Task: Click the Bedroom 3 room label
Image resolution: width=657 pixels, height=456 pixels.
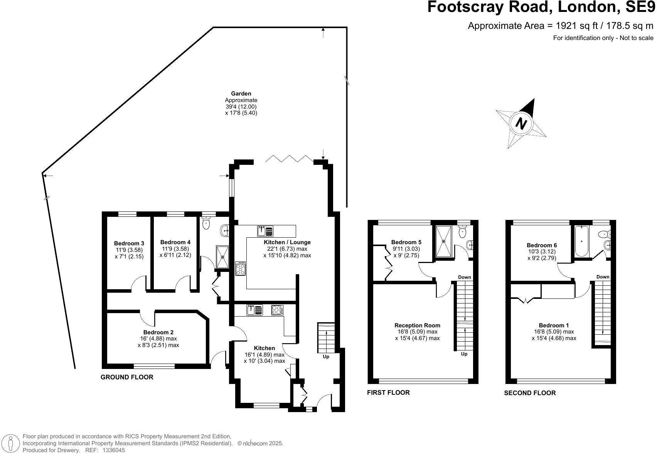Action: (129, 243)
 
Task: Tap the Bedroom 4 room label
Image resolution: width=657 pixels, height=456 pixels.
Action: (175, 242)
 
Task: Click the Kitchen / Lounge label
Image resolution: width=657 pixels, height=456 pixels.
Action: (287, 242)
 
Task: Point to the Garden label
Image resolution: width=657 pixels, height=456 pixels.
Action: (241, 94)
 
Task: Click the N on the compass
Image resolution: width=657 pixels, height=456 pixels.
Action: (521, 124)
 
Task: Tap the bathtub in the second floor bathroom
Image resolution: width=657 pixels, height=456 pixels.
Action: (581, 241)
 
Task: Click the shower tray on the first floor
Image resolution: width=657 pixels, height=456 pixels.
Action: (444, 241)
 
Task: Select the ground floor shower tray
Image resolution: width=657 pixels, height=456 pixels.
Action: (222, 257)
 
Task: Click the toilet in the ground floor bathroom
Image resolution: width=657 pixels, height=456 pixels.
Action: (207, 223)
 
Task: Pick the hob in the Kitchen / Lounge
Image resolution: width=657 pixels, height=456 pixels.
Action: (241, 268)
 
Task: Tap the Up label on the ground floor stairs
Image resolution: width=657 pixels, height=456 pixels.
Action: (326, 357)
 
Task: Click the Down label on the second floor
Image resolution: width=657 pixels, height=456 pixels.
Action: (603, 277)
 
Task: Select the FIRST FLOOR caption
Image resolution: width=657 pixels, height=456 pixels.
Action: (388, 392)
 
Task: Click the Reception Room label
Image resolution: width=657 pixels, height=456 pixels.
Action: (417, 325)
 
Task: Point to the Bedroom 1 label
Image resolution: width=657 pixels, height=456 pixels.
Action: (554, 325)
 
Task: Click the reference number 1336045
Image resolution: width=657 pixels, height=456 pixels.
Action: (113, 450)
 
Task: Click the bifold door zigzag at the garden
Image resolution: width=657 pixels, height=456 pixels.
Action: (289, 159)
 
